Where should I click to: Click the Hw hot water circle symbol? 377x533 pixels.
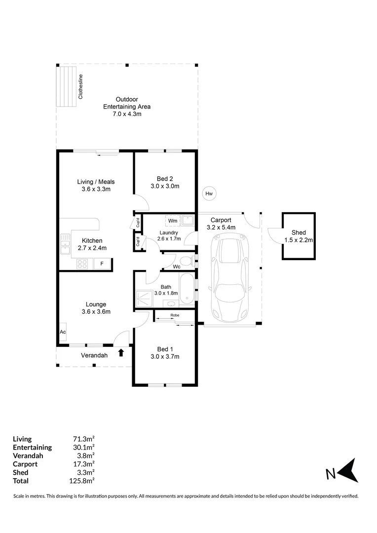point(209,194)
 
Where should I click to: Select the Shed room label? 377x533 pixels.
point(299,232)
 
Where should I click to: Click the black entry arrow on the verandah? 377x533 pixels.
point(121,352)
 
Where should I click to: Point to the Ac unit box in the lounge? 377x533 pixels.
point(63,332)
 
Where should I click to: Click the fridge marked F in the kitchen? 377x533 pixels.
point(102,264)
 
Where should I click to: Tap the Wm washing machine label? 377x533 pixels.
point(173,221)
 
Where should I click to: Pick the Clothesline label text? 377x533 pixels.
point(81,87)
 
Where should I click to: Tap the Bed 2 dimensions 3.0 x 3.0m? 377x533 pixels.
point(164,186)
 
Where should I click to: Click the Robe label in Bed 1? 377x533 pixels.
point(174,315)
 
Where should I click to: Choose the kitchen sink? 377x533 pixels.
point(65,244)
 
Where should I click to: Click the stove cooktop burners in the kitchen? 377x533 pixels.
point(82,264)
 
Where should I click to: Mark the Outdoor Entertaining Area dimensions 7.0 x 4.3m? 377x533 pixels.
point(126,114)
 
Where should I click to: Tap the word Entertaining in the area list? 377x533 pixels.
point(32,447)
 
